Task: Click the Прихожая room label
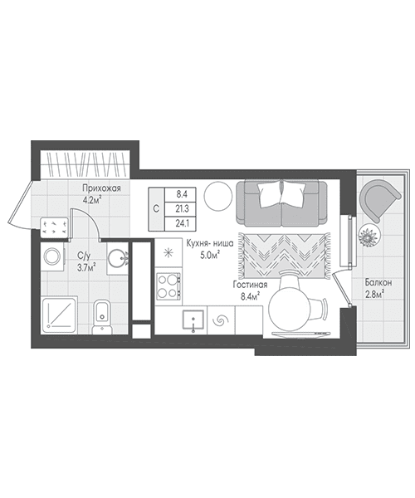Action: [101, 188]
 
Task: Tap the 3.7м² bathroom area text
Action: [87, 268]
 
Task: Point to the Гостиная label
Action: [250, 285]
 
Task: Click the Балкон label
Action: [378, 282]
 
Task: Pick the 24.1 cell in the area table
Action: [182, 223]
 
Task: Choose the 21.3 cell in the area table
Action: [182, 209]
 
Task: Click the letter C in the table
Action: [156, 209]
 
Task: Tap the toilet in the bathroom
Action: [102, 317]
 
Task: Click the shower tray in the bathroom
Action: [60, 315]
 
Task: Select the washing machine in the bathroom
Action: [53, 257]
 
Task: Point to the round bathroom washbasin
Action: [116, 258]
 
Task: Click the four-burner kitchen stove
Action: [168, 286]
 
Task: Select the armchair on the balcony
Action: [379, 200]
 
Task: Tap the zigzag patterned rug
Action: [284, 256]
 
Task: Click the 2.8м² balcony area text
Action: [374, 295]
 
